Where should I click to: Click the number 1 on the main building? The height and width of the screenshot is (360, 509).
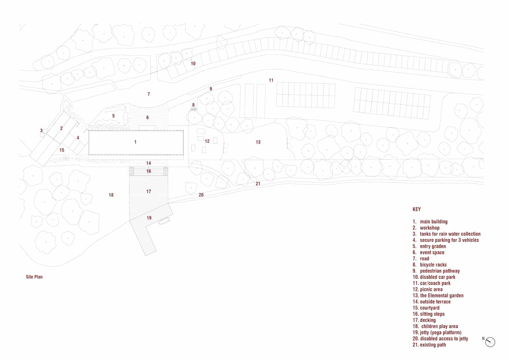[136, 142]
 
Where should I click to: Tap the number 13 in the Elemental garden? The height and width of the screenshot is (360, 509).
[258, 142]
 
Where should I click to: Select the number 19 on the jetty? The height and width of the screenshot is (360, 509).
[149, 218]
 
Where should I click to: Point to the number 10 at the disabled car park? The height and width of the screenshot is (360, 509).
[193, 63]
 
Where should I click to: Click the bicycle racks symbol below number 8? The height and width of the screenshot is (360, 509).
[194, 109]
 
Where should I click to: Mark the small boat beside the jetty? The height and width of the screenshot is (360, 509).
[164, 221]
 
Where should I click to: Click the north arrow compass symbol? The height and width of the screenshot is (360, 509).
[490, 342]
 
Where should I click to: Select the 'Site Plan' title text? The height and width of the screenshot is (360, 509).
[34, 277]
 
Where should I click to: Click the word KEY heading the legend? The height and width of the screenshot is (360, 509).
[416, 209]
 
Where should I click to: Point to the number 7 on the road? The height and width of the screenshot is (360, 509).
[149, 94]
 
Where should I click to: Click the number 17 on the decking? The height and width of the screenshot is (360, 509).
[148, 192]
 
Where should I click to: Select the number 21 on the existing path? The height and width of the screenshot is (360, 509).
[258, 184]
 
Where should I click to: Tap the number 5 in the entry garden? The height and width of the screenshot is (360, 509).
[113, 116]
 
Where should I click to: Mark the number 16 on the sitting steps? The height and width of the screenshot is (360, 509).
[149, 171]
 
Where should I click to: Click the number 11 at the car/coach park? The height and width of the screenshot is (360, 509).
[271, 80]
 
